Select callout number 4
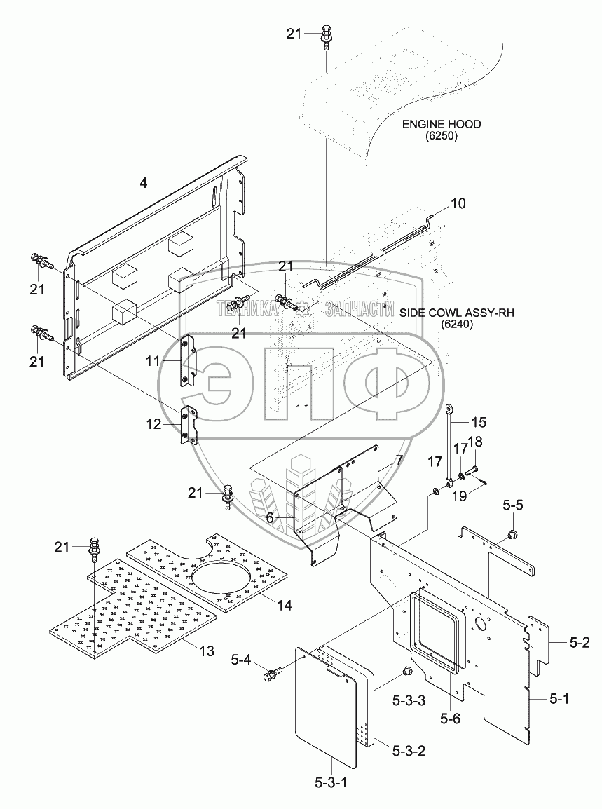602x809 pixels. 143,183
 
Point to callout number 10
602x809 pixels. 457,204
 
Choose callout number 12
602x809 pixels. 153,423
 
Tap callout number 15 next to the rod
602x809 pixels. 479,423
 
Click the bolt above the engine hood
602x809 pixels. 326,36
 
